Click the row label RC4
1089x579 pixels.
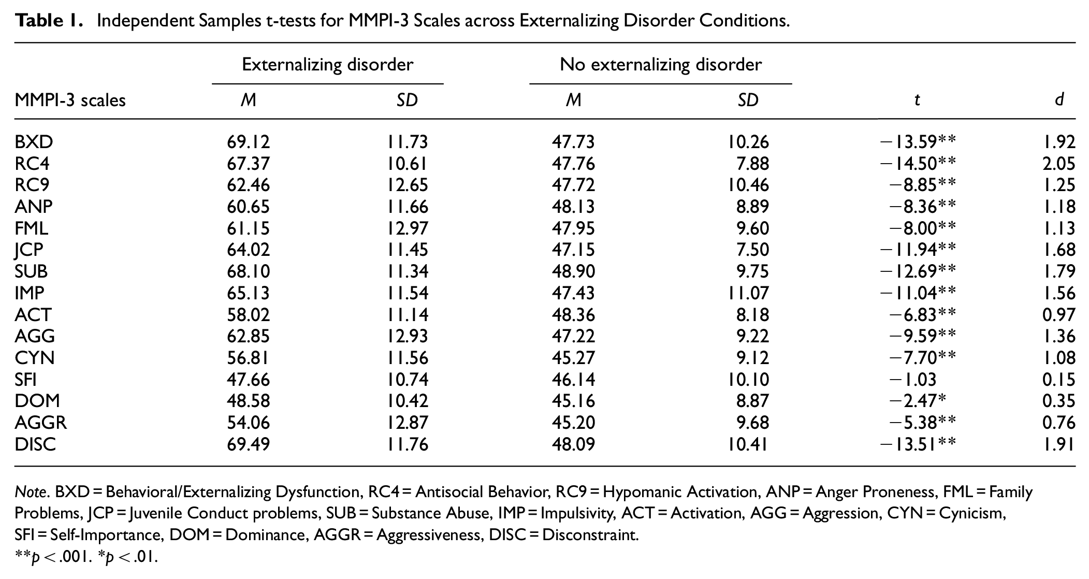pos(32,164)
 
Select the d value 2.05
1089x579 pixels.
pos(1058,164)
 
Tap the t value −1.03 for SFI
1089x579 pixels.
pos(913,380)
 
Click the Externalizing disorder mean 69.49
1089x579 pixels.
pos(248,444)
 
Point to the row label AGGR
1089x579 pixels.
pos(41,423)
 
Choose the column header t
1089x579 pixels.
pos(917,100)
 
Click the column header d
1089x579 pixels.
pos(1059,99)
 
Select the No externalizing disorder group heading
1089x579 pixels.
pos(661,65)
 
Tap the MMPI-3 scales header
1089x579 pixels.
pos(70,99)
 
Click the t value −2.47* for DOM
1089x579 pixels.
pos(918,401)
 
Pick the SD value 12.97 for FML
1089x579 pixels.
pos(408,228)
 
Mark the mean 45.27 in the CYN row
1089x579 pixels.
pos(573,358)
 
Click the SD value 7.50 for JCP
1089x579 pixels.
pos(752,250)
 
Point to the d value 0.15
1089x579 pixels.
pos(1058,380)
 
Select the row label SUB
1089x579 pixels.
pos(31,271)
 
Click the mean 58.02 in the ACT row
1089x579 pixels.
pos(248,315)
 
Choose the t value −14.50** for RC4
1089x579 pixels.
pos(918,164)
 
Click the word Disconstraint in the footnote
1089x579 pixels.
pos(589,534)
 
